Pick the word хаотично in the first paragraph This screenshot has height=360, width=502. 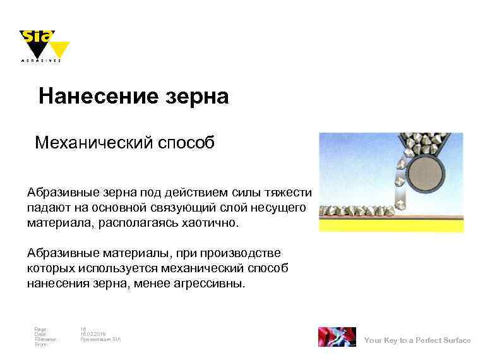pos(208,223)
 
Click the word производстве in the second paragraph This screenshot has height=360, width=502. pos(242,254)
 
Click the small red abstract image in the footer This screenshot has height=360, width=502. pos(337,337)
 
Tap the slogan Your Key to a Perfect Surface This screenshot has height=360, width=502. pos(417,340)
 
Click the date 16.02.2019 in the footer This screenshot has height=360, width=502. pos(93,334)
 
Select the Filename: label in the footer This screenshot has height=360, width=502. pos(45,339)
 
